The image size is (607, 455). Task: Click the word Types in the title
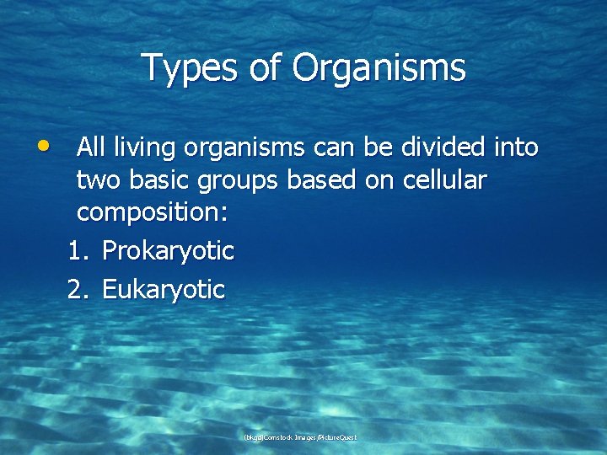(x=188, y=67)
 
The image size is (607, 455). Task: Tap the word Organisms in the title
(x=379, y=67)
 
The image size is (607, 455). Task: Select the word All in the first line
(x=91, y=147)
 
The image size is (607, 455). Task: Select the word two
(x=96, y=180)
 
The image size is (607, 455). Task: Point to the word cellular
(x=444, y=180)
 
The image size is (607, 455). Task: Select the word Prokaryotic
(x=168, y=250)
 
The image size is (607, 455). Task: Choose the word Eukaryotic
(x=164, y=290)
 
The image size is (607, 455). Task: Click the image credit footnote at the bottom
(x=300, y=437)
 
